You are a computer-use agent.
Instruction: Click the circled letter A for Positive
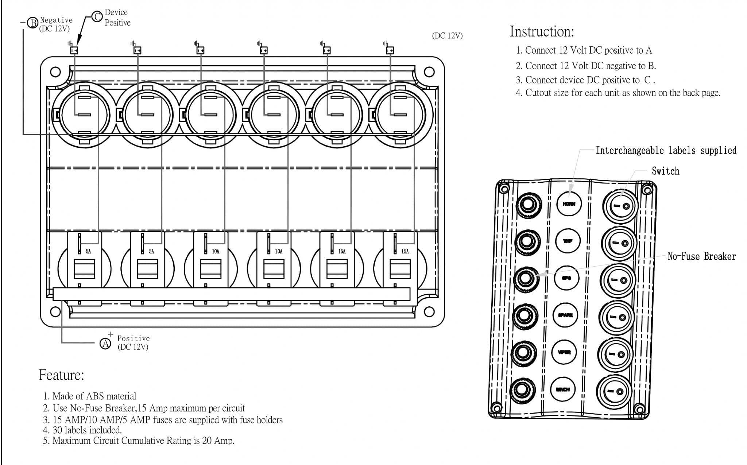click(105, 344)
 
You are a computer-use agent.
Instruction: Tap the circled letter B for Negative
click(33, 23)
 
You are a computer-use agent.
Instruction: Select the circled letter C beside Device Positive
click(97, 17)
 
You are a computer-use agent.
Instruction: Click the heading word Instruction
click(541, 32)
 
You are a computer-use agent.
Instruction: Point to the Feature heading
click(61, 375)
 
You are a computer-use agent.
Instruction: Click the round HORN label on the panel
click(569, 204)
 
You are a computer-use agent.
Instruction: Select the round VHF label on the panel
click(568, 241)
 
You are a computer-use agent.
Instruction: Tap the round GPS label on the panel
click(566, 278)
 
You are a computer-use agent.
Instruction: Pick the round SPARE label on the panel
click(565, 315)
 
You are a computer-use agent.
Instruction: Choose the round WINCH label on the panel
click(563, 390)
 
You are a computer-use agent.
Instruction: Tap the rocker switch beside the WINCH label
click(614, 391)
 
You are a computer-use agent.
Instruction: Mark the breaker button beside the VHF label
click(527, 241)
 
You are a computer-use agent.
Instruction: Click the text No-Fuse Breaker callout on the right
click(701, 256)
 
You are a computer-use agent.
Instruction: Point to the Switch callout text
click(665, 171)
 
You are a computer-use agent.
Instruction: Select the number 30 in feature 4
click(57, 430)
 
